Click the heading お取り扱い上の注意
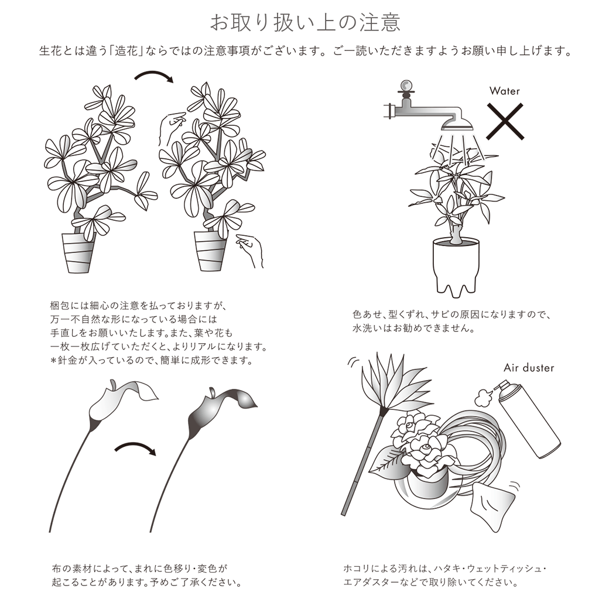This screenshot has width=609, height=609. point(305,22)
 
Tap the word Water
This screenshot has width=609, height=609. point(505,91)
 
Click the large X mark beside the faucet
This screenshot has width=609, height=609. point(505,122)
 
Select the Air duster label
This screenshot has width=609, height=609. point(529,367)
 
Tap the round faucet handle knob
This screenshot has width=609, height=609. point(406,85)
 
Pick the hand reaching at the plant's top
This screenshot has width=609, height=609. point(171,126)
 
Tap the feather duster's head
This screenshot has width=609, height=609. point(392,385)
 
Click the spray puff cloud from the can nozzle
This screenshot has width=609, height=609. point(484,397)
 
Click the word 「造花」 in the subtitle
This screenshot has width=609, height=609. point(126,51)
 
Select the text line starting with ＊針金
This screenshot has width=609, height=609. point(152,361)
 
